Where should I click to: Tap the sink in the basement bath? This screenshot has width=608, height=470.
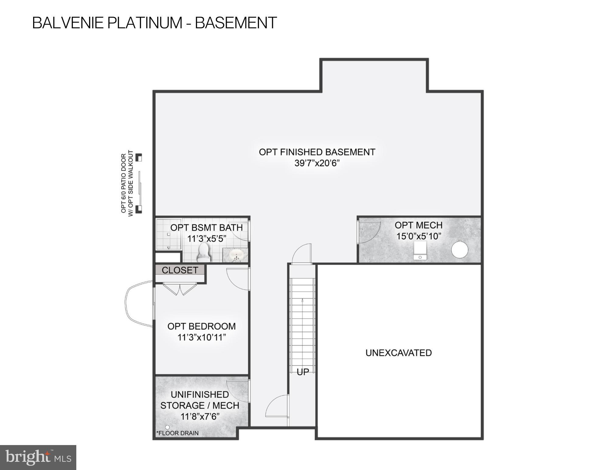236,255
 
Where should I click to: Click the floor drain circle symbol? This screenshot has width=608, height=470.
167,427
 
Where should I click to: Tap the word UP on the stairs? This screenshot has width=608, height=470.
302,372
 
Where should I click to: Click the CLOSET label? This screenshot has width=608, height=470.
180,270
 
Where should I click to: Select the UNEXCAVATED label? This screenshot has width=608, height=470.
398,353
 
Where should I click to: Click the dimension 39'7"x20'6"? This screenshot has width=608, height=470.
317,163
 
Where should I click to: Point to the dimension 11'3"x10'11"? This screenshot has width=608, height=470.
202,337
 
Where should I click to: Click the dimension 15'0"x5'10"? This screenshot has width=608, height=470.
418,236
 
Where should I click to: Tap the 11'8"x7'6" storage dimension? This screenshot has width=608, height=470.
200,416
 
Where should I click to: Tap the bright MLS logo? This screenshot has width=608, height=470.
38,457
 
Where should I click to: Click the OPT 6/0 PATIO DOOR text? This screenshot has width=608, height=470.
124,183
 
